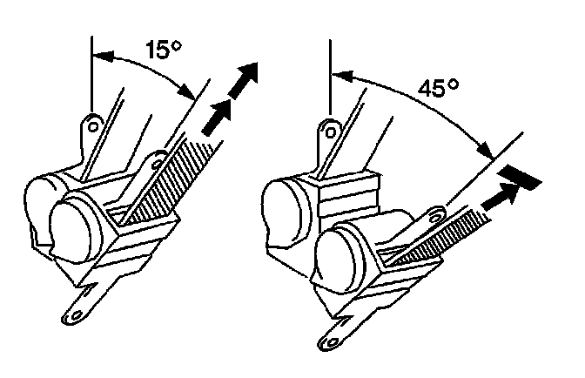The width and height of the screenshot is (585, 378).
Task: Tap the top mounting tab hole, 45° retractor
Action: click(x=331, y=132)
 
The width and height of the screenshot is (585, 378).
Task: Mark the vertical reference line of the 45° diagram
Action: click(x=331, y=78)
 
